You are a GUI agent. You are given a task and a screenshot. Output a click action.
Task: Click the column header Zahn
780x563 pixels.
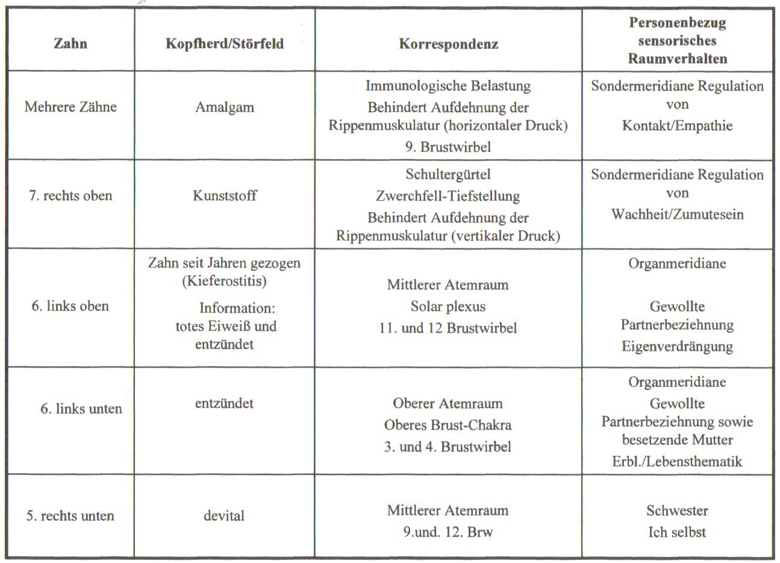click(x=70, y=43)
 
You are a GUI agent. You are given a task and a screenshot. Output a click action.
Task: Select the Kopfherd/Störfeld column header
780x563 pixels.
click(x=224, y=43)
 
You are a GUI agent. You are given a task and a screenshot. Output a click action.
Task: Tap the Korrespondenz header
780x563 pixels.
click(x=448, y=44)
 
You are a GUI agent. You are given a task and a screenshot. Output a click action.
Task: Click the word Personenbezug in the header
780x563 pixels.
click(x=678, y=23)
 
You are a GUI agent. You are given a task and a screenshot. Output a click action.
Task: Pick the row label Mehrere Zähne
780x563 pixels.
click(x=70, y=107)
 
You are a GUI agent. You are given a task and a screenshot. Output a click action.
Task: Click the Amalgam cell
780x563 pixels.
click(x=224, y=107)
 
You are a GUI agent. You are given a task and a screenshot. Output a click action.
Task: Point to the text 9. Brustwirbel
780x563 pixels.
click(x=448, y=146)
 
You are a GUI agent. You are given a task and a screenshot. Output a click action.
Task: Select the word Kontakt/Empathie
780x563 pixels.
click(x=678, y=125)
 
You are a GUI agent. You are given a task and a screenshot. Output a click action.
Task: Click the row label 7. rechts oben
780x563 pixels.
click(x=70, y=196)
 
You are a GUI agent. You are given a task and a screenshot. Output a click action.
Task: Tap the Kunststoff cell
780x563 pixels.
click(x=224, y=196)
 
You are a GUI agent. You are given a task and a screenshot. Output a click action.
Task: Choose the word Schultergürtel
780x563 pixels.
click(x=448, y=174)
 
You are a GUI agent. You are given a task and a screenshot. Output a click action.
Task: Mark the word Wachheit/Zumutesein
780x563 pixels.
click(x=678, y=214)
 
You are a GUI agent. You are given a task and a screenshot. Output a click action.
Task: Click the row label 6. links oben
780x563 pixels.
click(x=70, y=306)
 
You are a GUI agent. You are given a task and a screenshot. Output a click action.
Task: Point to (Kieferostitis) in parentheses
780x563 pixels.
click(x=224, y=281)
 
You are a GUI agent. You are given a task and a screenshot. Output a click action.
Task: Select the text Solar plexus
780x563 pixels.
click(x=448, y=306)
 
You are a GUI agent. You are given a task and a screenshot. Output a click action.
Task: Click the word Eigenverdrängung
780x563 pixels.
click(x=678, y=347)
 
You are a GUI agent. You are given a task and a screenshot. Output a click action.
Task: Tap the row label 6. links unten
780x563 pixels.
click(x=81, y=409)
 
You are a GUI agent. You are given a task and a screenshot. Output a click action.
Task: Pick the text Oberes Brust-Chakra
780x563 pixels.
click(x=448, y=425)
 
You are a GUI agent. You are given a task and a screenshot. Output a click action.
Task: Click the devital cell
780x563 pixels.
click(x=224, y=516)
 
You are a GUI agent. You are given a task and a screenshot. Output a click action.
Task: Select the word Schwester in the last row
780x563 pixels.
click(x=678, y=511)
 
